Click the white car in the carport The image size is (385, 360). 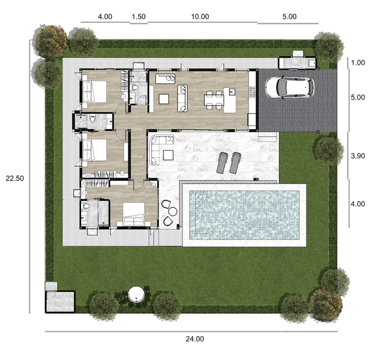tap(290, 88)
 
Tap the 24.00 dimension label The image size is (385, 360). tap(195, 339)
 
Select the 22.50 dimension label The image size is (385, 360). tap(15, 178)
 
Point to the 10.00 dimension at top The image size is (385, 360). tap(200, 16)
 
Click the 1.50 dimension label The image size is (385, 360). tap(139, 16)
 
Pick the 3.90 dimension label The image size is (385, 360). tap(358, 156)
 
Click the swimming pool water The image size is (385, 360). tap(244, 215)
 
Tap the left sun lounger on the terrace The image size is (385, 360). tap(222, 163)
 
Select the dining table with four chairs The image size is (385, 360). tap(213, 100)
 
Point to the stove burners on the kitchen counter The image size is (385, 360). tap(252, 91)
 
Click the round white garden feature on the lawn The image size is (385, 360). tap(136, 294)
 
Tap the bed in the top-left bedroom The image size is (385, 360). tap(94, 91)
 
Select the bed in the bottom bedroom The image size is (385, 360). tap(134, 214)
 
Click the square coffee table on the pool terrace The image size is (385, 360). tap(168, 155)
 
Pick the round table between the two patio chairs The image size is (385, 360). tap(173, 211)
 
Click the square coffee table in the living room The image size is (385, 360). tap(164, 99)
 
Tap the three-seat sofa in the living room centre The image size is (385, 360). tap(182, 98)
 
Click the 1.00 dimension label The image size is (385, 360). tap(358, 62)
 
